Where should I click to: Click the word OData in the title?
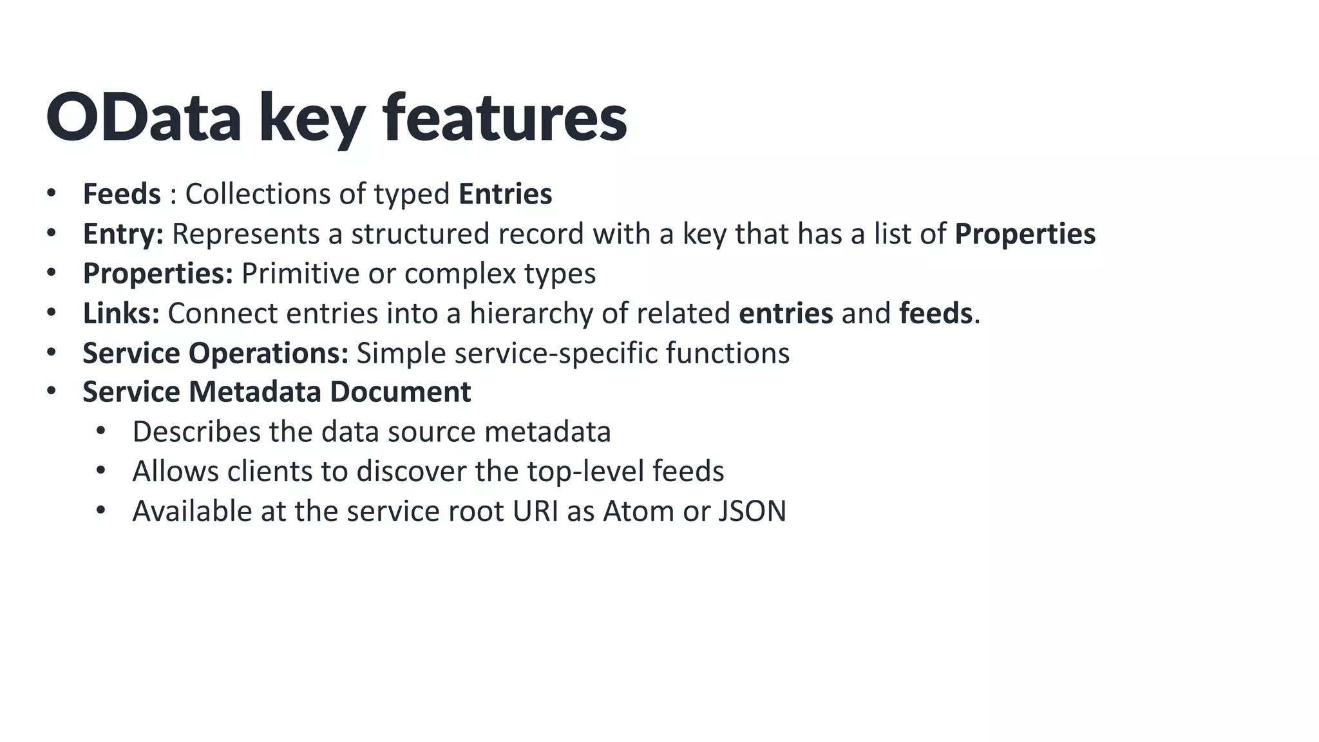tap(144, 118)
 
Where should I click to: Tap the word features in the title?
tap(504, 118)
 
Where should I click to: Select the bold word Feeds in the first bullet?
tap(122, 194)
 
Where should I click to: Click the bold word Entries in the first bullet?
tap(505, 194)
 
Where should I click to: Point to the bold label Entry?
tap(123, 234)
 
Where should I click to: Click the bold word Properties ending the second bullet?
tap(1025, 234)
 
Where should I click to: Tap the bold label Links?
tap(121, 314)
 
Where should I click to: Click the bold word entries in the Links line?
tap(786, 314)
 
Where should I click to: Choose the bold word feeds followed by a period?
tap(935, 314)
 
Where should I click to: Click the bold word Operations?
tap(268, 353)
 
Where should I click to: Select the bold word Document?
tap(400, 392)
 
